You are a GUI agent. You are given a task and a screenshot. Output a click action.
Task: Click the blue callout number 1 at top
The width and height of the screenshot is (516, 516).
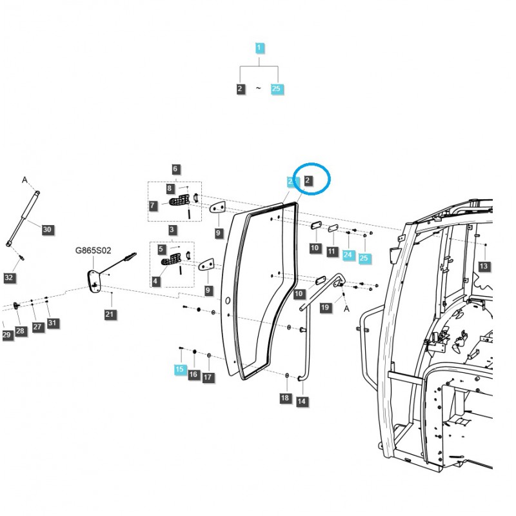point(259,48)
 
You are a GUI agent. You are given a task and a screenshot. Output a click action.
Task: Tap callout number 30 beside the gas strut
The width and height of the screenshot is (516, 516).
point(46,229)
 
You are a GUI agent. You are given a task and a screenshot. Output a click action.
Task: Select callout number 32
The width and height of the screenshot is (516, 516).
point(8,278)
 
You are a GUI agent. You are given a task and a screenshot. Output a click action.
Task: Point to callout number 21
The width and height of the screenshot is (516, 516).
point(110,314)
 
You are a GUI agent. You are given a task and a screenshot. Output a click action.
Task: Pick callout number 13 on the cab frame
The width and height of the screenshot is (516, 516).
point(484,266)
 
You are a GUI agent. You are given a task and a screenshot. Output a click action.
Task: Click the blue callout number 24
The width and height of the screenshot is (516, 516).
point(348,255)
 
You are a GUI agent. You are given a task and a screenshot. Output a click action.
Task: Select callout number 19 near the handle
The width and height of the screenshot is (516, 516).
point(325,308)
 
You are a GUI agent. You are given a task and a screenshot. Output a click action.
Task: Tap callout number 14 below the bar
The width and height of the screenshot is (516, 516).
point(301,401)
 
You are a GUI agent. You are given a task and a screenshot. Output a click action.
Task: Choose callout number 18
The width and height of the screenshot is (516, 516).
point(285,398)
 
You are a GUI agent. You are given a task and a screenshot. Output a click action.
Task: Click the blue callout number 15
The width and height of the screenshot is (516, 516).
point(179,370)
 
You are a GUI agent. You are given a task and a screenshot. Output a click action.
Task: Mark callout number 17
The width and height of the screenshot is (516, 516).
point(208,377)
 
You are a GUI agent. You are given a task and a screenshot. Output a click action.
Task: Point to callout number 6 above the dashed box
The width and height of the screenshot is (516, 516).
point(175,169)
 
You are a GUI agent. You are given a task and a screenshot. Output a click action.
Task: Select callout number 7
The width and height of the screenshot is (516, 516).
point(153,206)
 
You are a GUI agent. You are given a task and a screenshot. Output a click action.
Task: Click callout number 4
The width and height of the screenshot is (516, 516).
point(156,281)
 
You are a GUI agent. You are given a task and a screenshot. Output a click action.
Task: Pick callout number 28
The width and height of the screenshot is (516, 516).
point(21,331)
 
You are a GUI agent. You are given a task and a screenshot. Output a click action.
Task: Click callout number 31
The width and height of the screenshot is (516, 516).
point(52,323)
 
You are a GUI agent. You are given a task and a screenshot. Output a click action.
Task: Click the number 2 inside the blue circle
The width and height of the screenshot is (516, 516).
point(308,181)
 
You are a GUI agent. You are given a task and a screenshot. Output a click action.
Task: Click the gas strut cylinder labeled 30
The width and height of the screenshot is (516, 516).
point(23,217)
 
